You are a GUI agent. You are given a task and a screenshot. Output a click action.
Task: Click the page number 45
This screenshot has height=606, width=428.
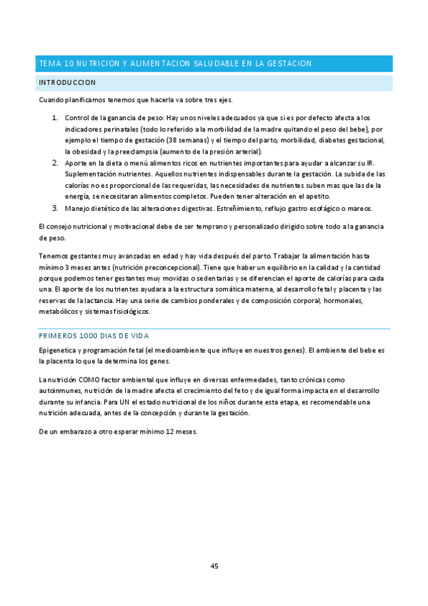(x=214, y=566)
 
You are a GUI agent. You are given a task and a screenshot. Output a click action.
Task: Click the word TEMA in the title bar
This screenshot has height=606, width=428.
(x=49, y=64)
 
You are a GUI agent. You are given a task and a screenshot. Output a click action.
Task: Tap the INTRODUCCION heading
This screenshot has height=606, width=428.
(x=67, y=83)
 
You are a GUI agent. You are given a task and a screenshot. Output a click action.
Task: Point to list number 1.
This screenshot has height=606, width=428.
(x=55, y=117)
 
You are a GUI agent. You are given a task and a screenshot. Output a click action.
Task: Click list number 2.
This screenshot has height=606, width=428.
(x=55, y=163)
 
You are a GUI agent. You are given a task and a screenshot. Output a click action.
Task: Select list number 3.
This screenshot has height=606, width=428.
(x=55, y=208)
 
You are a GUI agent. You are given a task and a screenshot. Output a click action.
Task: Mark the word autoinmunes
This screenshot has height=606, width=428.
(x=59, y=392)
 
